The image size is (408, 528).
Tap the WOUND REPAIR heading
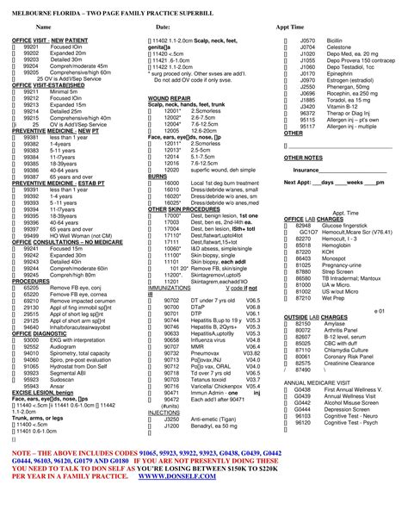click(170, 99)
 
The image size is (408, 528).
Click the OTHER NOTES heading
click(303, 158)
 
